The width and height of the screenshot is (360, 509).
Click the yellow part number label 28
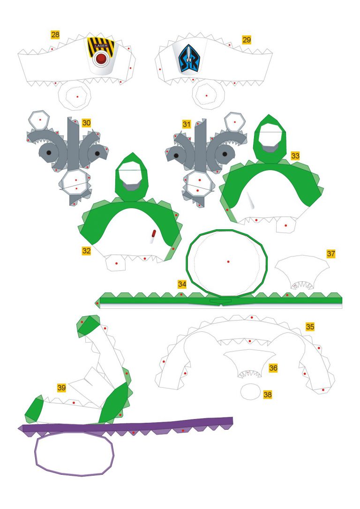click(55, 35)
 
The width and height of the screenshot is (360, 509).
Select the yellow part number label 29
click(247, 39)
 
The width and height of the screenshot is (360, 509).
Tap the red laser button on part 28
click(101, 59)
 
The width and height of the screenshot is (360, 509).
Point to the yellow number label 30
click(86, 123)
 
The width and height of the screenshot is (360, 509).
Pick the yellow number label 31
click(187, 124)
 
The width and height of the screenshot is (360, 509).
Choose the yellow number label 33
click(295, 156)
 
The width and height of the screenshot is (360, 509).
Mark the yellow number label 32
click(86, 251)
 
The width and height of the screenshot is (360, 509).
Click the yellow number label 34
click(182, 284)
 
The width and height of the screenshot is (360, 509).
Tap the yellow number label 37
click(331, 254)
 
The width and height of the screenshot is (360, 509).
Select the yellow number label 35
click(310, 326)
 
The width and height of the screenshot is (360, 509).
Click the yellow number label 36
click(273, 368)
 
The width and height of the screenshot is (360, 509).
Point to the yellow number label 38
click(268, 395)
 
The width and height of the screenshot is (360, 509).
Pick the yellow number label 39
click(61, 388)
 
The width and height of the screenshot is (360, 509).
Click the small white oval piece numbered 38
click(250, 392)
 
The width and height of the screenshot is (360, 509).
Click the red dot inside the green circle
click(228, 262)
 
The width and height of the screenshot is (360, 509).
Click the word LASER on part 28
click(101, 46)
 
